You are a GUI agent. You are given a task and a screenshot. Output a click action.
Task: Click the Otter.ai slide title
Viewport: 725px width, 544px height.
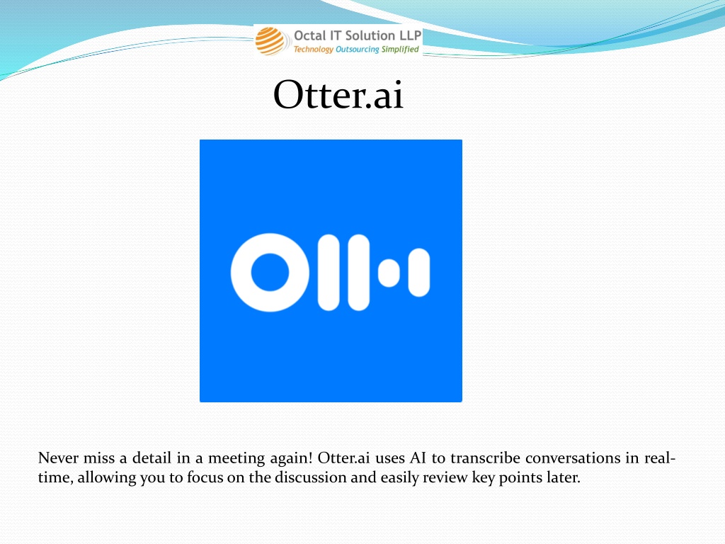pyautogui.click(x=338, y=94)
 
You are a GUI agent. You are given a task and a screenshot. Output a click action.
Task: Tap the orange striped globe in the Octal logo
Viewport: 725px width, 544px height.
pyautogui.click(x=270, y=41)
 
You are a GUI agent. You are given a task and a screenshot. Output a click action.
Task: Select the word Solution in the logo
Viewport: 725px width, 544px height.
pyautogui.click(x=370, y=35)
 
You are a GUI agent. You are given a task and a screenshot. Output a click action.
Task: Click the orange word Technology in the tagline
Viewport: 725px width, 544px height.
pyautogui.click(x=313, y=50)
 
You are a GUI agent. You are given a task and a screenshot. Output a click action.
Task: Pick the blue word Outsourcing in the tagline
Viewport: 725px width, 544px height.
pyautogui.click(x=357, y=50)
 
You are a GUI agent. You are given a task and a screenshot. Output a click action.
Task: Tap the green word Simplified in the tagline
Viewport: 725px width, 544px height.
pyautogui.click(x=400, y=49)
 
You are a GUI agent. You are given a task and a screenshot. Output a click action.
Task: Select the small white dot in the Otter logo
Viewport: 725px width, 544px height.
pyautogui.click(x=389, y=273)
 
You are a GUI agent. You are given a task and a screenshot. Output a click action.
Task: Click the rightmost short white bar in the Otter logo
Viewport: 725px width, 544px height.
pyautogui.click(x=419, y=273)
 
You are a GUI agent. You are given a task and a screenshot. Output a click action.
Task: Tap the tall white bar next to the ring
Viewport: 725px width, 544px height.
pyautogui.click(x=329, y=273)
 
